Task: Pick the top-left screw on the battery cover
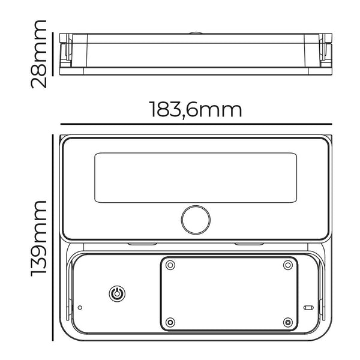pyautogui.click(x=170, y=265)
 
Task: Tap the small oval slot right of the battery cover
pyautogui.click(x=309, y=308)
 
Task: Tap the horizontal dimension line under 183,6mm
pyautogui.click(x=196, y=125)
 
